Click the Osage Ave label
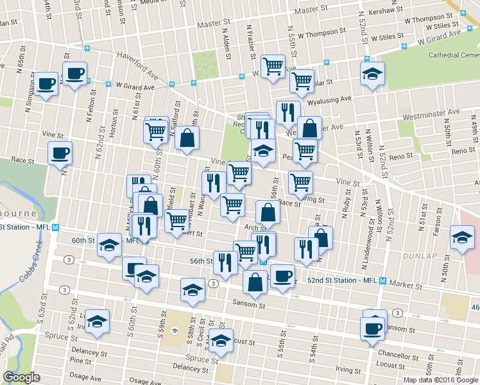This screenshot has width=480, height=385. [85, 378]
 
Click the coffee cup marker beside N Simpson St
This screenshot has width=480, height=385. [46, 83]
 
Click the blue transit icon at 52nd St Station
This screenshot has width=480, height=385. [382, 281]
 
